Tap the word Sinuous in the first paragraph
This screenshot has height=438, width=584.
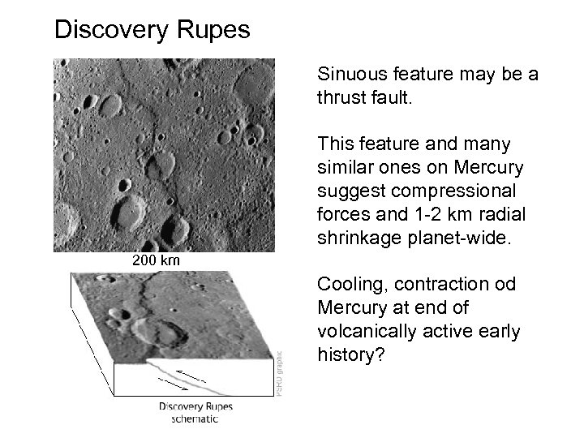click(353, 75)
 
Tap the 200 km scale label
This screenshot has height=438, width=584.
click(156, 260)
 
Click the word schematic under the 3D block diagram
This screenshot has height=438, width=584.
click(195, 419)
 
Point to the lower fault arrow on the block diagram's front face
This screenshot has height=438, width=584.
click(212, 385)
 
